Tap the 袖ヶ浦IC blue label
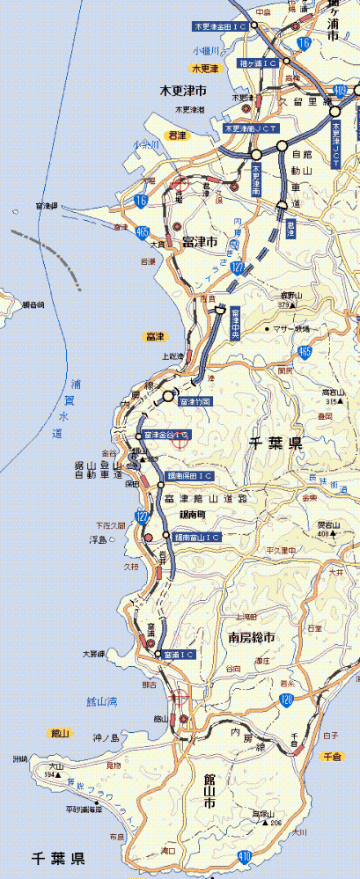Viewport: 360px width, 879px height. click(258, 63)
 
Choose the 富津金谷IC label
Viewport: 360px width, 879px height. click(165, 435)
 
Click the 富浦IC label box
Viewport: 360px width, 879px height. click(178, 655)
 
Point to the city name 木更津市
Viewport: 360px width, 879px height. click(182, 90)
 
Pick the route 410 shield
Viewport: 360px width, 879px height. click(243, 855)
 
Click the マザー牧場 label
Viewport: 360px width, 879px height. click(292, 328)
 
